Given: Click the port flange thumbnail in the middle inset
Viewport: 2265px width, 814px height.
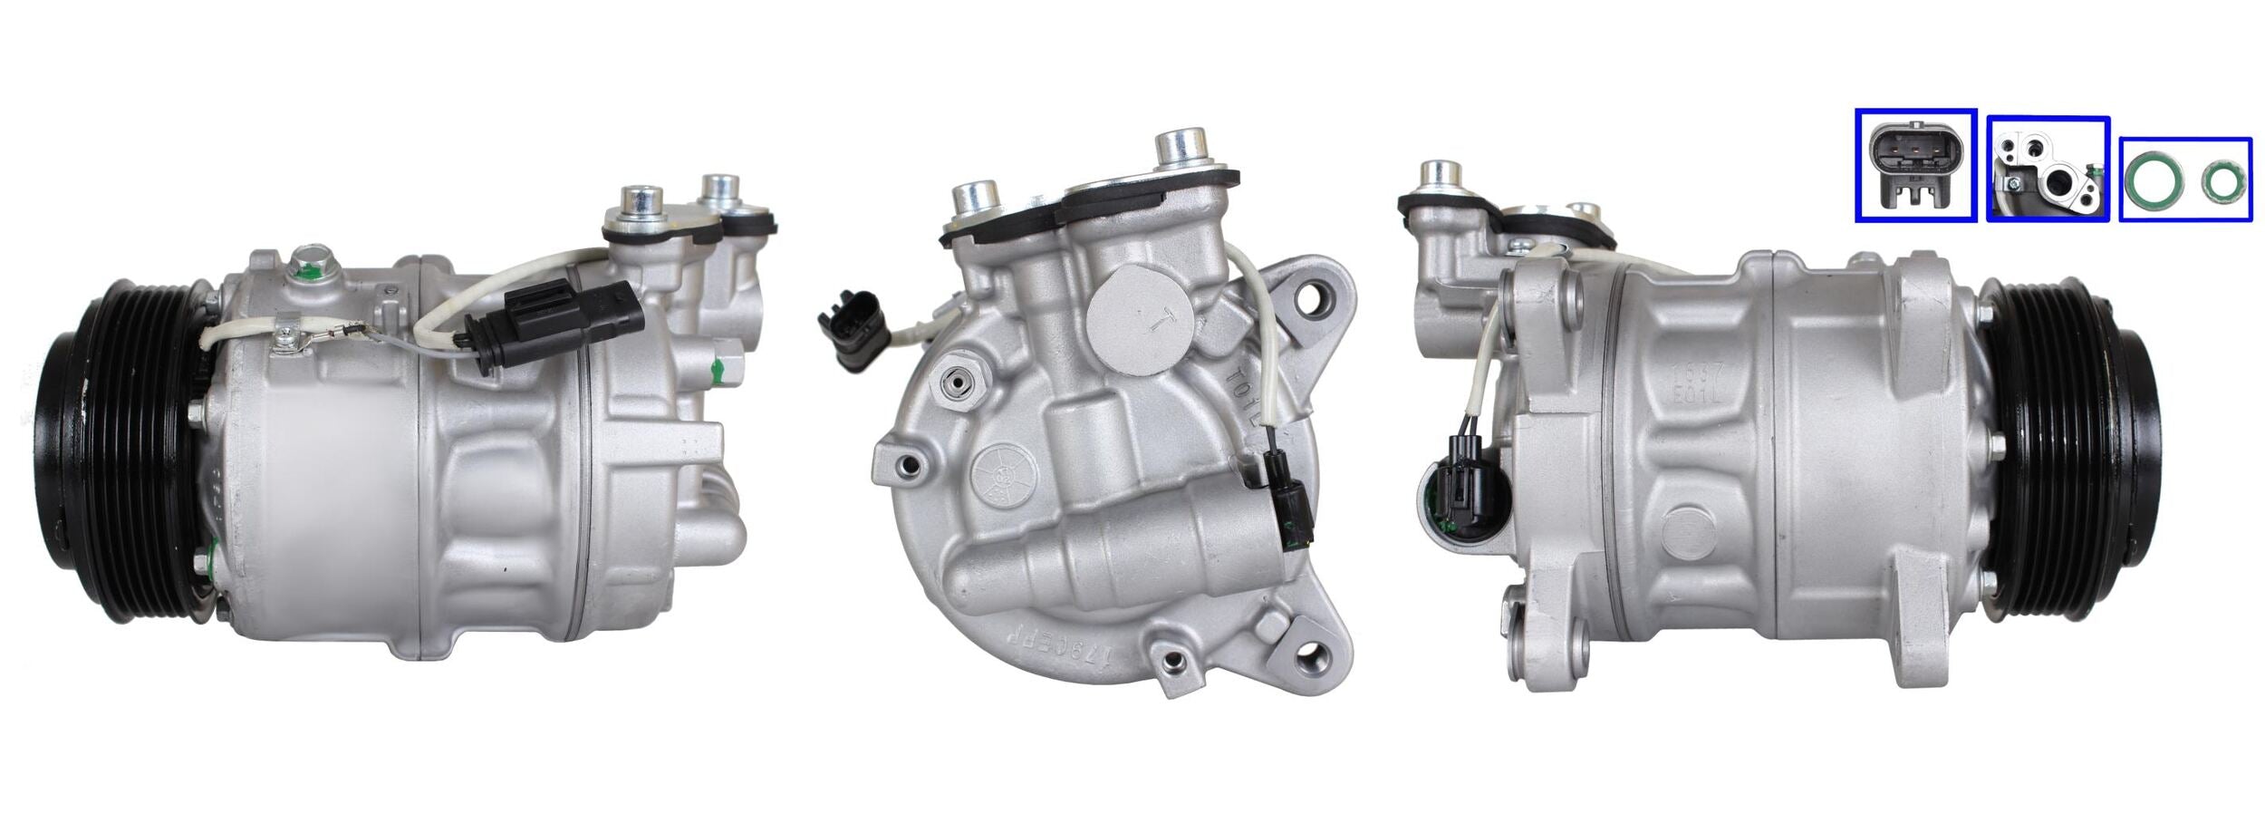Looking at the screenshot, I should (2048, 169).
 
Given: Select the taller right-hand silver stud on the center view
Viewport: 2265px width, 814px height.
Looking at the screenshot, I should (1182, 149).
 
